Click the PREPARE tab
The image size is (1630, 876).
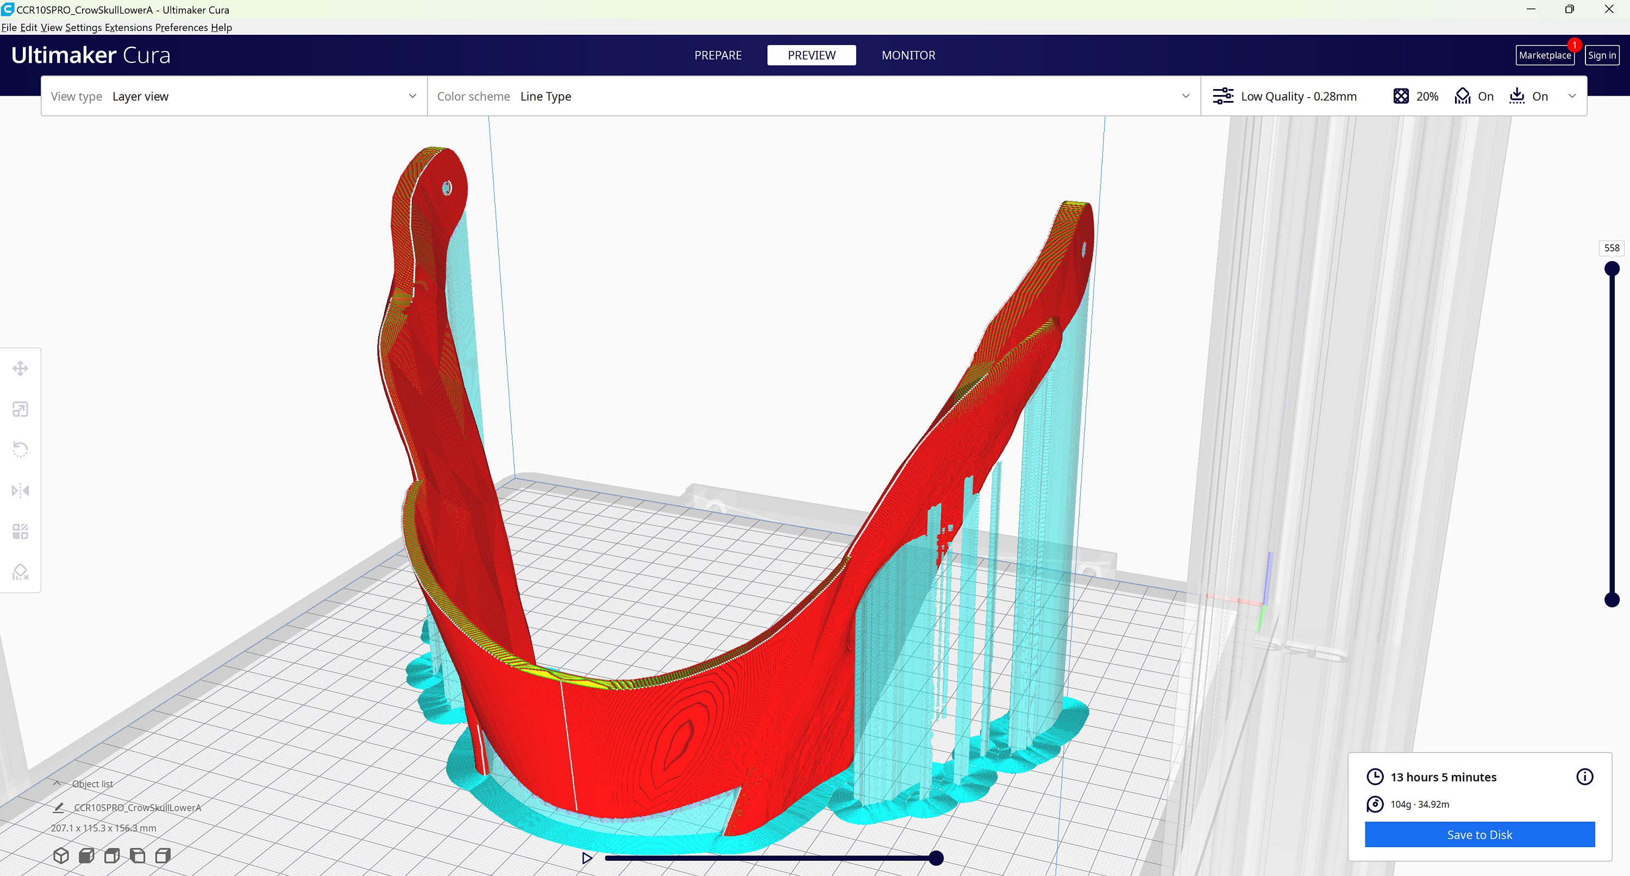718,55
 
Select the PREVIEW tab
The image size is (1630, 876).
811,55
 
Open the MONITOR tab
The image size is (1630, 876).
908,55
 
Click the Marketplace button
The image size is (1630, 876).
1545,55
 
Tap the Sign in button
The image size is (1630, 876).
1602,55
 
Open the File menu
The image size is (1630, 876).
9,27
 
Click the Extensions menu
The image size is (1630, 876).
128,27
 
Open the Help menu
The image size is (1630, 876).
222,27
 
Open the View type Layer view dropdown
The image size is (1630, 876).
234,96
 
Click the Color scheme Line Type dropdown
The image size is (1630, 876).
814,96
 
